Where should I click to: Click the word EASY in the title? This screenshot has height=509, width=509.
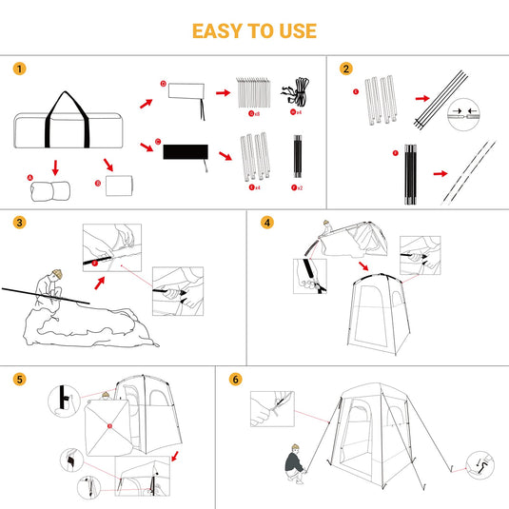point(217,30)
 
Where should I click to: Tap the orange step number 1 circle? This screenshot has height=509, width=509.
point(20,69)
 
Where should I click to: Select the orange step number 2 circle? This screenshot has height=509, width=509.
point(345,69)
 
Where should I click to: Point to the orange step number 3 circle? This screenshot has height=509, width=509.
point(20,223)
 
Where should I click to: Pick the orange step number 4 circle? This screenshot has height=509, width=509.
point(267,223)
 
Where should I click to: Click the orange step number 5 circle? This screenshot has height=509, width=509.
point(20,379)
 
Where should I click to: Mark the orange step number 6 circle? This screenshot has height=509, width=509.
point(235,379)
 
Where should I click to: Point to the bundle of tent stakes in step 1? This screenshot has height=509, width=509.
point(255,92)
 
